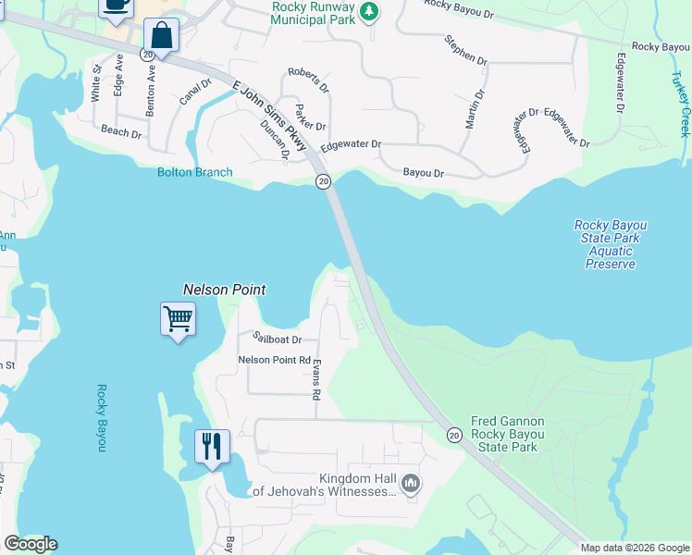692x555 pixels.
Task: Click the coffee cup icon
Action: (x=117, y=6)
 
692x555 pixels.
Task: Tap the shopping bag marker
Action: (x=161, y=36)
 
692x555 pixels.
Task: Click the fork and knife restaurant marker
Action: (x=212, y=448)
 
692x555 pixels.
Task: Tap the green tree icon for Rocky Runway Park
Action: (x=369, y=11)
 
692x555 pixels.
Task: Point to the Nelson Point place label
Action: (x=225, y=289)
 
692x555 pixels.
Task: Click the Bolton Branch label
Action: (x=194, y=172)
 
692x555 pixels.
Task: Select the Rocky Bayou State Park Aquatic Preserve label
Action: (x=610, y=244)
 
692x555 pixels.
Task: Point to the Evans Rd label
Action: (x=316, y=379)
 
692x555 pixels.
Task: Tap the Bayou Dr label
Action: (x=424, y=173)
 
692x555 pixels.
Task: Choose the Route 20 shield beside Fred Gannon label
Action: (x=453, y=435)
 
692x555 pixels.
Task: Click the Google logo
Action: (x=31, y=544)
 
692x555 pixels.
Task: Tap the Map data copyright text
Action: (x=635, y=548)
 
